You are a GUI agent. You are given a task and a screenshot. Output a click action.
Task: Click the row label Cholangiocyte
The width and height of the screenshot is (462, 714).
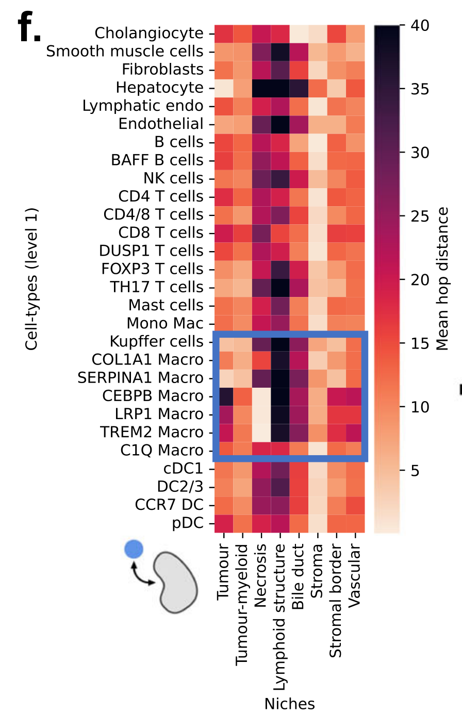tap(149, 34)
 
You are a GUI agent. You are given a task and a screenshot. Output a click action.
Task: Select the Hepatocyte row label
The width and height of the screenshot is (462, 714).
tap(160, 88)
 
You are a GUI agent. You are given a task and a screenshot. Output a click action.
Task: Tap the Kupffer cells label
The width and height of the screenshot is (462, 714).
tap(157, 342)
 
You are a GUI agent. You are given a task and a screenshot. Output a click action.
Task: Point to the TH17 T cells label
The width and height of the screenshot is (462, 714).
tap(157, 287)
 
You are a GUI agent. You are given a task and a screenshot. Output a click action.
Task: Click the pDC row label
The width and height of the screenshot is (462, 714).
tap(188, 524)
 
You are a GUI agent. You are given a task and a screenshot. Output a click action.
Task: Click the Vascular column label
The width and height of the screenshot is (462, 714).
tap(354, 573)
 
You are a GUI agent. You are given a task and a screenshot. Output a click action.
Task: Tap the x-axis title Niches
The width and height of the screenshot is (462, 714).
tap(289, 704)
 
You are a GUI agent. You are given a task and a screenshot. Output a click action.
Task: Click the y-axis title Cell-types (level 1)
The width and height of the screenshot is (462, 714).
tap(32, 279)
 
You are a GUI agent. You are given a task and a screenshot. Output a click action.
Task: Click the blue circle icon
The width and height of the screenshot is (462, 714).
tap(134, 549)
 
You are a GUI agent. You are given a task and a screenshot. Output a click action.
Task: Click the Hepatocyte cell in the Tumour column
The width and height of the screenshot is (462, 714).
tap(223, 88)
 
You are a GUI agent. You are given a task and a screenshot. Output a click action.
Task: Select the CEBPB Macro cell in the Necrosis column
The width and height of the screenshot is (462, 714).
tap(260, 396)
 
